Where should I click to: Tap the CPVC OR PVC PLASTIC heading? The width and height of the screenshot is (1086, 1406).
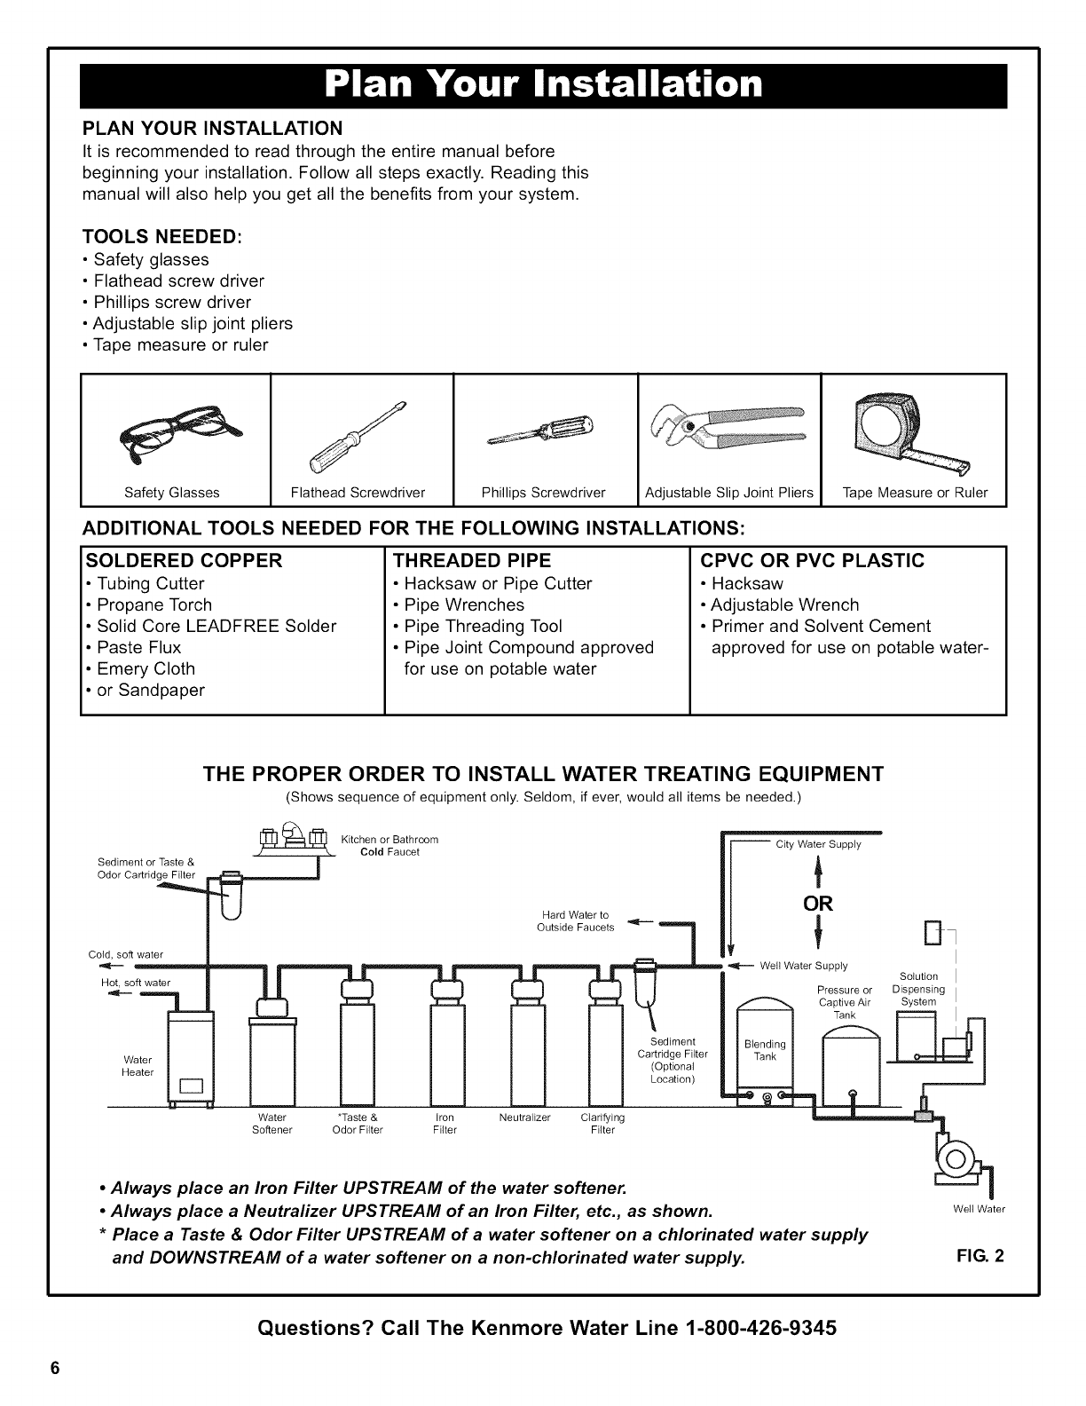tap(813, 561)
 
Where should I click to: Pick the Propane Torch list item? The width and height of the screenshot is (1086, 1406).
tap(154, 604)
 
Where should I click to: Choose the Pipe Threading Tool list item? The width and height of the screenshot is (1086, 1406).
tap(483, 626)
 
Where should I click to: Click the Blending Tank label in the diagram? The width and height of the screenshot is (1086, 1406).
tap(765, 1050)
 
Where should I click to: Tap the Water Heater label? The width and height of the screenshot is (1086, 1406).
tap(138, 1065)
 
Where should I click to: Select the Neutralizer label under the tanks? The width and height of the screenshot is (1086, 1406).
tap(525, 1118)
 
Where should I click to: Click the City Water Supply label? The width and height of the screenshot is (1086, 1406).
tap(818, 844)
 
